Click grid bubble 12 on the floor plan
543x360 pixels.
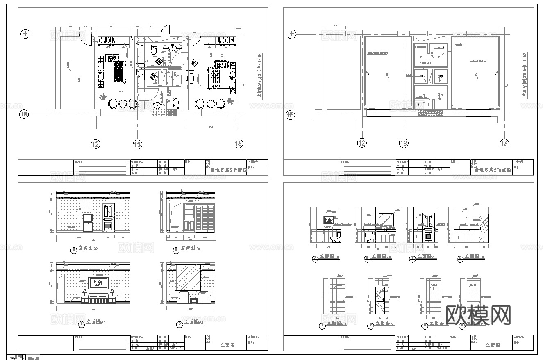tap(96, 144)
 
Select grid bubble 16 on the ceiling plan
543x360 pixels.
tap(504, 143)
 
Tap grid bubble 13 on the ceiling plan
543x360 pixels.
tap(403, 143)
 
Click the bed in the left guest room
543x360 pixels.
tap(113, 71)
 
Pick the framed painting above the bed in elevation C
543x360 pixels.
tap(98, 283)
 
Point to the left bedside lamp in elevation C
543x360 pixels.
tap(85, 292)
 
